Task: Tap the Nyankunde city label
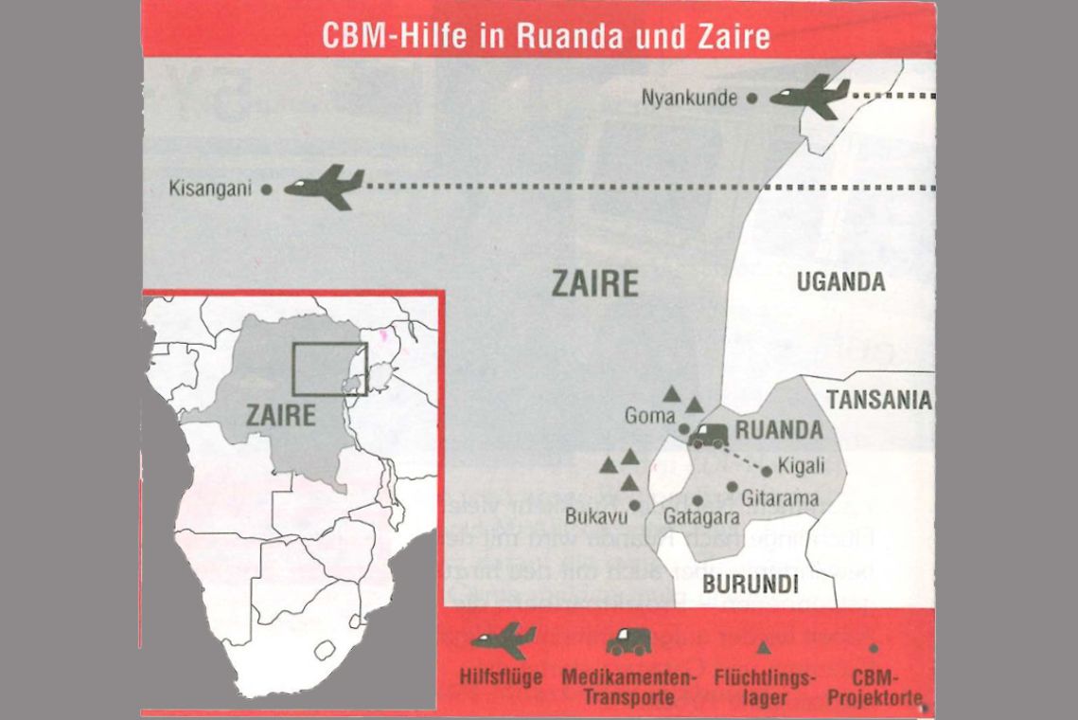[x=689, y=98]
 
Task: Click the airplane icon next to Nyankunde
[x=810, y=96]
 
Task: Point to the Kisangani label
[x=209, y=189]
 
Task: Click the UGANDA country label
[x=840, y=281]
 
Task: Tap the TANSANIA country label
[x=879, y=400]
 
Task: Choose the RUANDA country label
[x=779, y=431]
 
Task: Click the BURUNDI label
[x=750, y=583]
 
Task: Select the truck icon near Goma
[x=709, y=436]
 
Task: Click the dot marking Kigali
[x=767, y=471]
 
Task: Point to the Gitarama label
[x=774, y=496]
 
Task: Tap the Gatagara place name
[x=701, y=517]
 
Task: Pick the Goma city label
[x=649, y=416]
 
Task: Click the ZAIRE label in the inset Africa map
[x=280, y=415]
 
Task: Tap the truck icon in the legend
[x=628, y=641]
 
